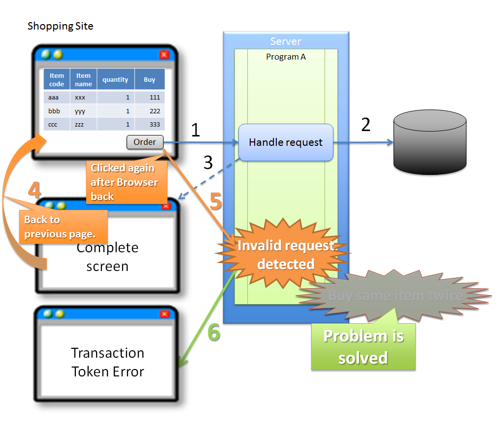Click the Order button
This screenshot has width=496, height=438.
[145, 142]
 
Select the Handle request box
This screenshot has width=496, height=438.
[286, 142]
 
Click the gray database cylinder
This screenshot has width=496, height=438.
[430, 142]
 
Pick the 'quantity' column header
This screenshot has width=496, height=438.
[115, 80]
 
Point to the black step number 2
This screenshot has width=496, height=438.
[365, 125]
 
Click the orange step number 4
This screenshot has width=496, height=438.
[34, 191]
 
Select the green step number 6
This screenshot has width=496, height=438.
[213, 333]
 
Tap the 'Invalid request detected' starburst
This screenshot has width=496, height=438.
[286, 255]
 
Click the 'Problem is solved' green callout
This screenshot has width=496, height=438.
[364, 347]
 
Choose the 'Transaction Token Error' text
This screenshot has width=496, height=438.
[108, 362]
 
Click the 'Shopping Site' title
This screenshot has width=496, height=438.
[60, 26]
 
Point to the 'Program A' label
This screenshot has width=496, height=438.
[286, 57]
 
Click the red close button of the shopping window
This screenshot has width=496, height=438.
[164, 55]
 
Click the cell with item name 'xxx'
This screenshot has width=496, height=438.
[80, 98]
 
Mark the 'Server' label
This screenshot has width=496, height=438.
[286, 41]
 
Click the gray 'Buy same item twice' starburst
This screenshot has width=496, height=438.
[395, 296]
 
